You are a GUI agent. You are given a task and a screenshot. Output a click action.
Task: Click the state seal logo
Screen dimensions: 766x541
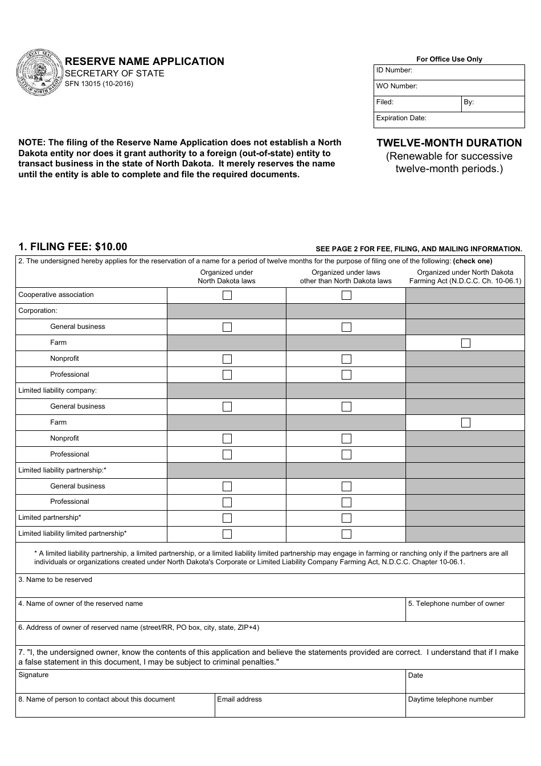point(39,73)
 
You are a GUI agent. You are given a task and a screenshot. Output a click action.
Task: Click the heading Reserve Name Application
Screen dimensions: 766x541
point(144,62)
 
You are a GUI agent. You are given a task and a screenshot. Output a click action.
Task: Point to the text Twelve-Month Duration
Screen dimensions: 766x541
point(449,143)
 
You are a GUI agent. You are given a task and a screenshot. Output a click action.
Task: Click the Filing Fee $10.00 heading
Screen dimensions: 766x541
point(73,247)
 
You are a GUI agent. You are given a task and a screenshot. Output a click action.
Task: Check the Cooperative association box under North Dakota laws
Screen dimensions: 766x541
point(227,295)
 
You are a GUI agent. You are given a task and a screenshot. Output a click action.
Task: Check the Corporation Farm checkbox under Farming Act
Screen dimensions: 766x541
point(466,343)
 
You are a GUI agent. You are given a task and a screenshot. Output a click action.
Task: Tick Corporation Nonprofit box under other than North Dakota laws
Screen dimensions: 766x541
point(346,359)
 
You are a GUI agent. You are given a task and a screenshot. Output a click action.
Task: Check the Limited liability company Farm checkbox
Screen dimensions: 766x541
point(466,423)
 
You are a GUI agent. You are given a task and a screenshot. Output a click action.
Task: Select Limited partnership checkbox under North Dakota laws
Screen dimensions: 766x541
point(227,518)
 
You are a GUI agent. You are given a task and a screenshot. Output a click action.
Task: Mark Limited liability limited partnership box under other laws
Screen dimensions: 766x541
point(346,534)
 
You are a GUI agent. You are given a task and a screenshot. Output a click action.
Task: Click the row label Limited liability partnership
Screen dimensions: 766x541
point(63,470)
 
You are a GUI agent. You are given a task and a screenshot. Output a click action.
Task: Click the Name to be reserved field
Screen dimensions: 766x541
point(269,589)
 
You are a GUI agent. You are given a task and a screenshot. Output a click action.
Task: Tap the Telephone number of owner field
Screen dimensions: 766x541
point(465,613)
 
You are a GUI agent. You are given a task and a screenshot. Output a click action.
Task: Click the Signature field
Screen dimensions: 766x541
point(210,684)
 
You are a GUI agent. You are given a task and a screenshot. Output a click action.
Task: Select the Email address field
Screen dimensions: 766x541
point(309,708)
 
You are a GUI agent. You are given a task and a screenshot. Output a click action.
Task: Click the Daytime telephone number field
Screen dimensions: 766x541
point(465,708)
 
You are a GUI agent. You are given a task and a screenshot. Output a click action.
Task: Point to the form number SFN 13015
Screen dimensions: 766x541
point(99,84)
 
